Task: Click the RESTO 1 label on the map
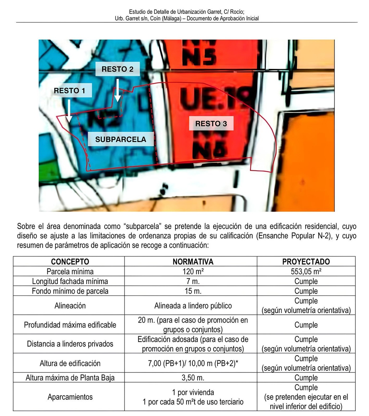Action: click(x=70, y=91)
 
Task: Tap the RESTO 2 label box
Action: click(x=117, y=69)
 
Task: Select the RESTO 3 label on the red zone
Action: click(x=211, y=124)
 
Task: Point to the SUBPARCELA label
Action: click(x=121, y=139)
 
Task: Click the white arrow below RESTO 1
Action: click(x=69, y=111)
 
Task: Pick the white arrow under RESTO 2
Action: click(x=117, y=90)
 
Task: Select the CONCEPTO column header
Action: click(x=70, y=261)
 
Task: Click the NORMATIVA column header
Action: click(x=193, y=261)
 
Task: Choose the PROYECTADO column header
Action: click(x=306, y=261)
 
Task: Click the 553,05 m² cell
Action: click(x=306, y=271)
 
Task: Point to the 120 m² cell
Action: click(x=193, y=271)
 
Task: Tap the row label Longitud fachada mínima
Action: click(x=70, y=281)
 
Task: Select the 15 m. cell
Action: click(x=193, y=291)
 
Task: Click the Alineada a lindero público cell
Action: click(x=193, y=306)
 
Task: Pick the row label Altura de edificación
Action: click(x=70, y=363)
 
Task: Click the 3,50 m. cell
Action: click(x=193, y=378)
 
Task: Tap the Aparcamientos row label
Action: click(x=70, y=397)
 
